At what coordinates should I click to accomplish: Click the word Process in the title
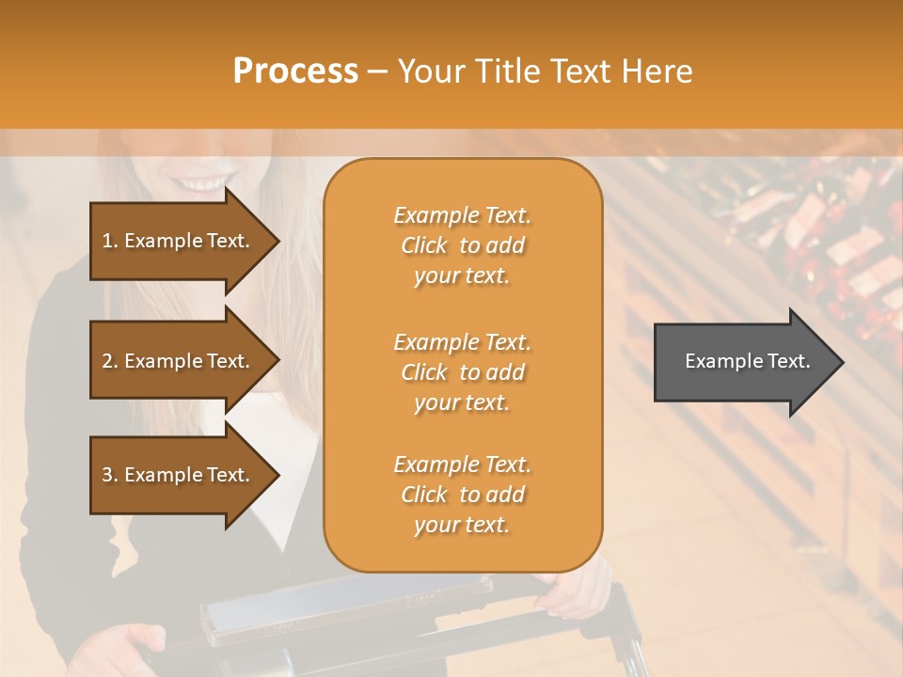click(295, 71)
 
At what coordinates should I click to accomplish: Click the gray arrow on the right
click(743, 362)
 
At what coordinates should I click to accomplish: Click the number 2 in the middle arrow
click(107, 361)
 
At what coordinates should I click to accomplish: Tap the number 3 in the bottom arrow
click(107, 475)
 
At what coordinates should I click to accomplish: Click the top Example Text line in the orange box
click(462, 215)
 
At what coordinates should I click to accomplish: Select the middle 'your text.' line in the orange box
click(462, 402)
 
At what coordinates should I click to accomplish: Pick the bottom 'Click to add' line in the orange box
click(462, 495)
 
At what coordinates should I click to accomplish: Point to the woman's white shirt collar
click(273, 414)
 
